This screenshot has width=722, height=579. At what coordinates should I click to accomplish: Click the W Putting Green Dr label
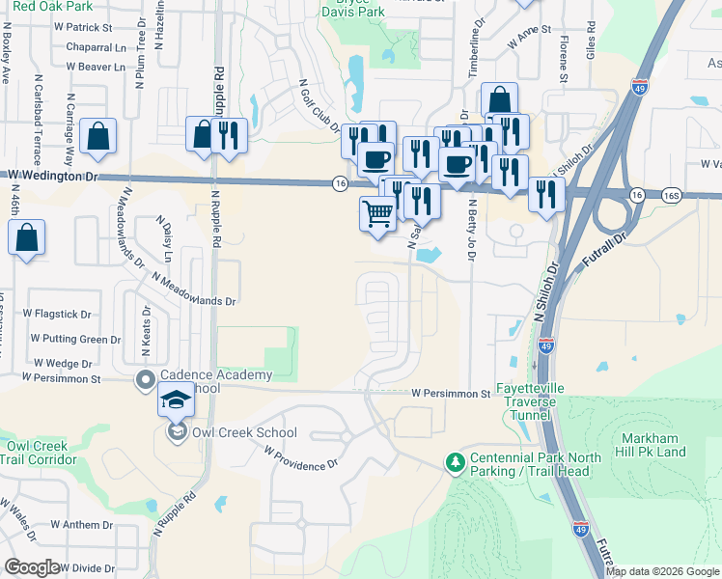pyautogui.click(x=75, y=339)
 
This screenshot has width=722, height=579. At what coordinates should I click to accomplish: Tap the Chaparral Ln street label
pyautogui.click(x=97, y=47)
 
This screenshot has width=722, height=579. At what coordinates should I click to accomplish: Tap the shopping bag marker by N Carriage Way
pyautogui.click(x=98, y=136)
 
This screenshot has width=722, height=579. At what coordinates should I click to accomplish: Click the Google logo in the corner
pyautogui.click(x=32, y=567)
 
